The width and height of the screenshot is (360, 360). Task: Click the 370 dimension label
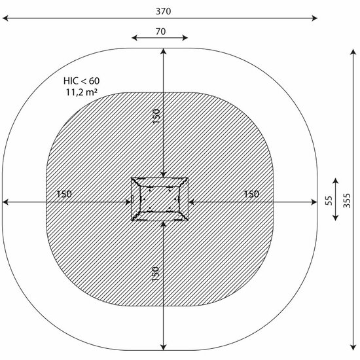coord(163,11)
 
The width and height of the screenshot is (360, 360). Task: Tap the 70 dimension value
coord(160,31)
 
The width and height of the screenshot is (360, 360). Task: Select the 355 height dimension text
coord(347,201)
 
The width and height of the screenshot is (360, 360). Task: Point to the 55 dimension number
coord(329,200)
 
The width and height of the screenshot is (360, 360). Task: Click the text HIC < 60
coord(82,81)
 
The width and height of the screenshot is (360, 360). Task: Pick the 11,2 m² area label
coord(82,92)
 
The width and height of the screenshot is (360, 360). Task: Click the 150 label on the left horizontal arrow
coord(64,194)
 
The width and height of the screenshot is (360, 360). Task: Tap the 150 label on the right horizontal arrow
coord(251,194)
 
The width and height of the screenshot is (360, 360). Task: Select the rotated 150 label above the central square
coord(156,117)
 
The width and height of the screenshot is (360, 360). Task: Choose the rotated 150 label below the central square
coord(155,274)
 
